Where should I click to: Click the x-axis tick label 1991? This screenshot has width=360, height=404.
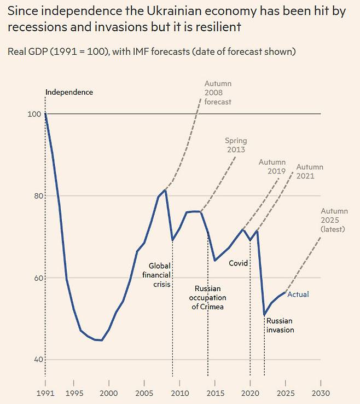tap(45, 393)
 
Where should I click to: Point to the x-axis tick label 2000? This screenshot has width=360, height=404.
tap(108, 393)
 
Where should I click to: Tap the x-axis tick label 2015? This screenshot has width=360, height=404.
tap(215, 393)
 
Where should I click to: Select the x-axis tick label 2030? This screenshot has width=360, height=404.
tap(321, 393)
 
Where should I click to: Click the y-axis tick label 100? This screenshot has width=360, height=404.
tap(34, 114)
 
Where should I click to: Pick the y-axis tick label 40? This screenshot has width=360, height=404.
tap(36, 360)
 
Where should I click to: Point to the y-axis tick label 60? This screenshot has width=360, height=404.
tap(36, 278)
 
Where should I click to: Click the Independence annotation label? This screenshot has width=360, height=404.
tap(69, 92)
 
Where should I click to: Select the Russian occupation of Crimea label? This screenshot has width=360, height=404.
tap(207, 297)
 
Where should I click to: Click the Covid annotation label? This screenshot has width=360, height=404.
tap(238, 263)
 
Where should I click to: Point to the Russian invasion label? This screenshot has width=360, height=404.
tap(280, 325)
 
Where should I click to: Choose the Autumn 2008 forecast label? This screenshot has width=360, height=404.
tap(218, 93)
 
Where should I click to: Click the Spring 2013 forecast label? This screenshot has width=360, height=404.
tap(235, 145)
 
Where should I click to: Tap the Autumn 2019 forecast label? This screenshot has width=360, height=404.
tap(272, 167)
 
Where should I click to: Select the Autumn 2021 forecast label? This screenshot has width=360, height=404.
tap(310, 171)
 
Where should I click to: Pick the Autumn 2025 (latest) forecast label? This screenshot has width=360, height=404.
tap(333, 220)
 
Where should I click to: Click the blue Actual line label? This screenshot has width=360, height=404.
tap(298, 295)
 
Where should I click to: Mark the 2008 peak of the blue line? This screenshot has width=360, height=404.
tap(165, 190)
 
